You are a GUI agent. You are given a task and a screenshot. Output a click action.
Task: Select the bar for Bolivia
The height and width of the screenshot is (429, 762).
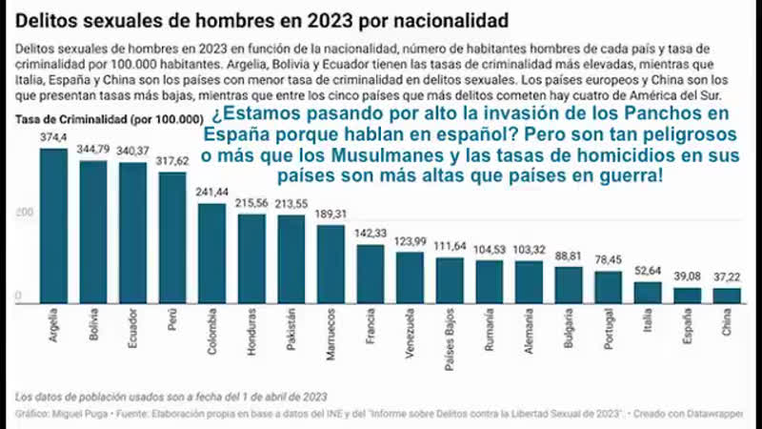pyautogui.click(x=92, y=233)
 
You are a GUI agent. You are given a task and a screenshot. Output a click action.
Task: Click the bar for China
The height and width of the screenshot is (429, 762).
pyautogui.click(x=727, y=296)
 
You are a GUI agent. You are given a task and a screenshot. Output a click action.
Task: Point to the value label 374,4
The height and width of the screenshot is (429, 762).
pyautogui.click(x=53, y=138)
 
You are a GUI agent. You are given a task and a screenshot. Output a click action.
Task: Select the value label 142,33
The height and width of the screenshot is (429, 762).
pyautogui.click(x=371, y=235)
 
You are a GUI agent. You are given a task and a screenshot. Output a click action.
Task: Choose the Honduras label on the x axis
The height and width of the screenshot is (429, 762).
pyautogui.click(x=251, y=329)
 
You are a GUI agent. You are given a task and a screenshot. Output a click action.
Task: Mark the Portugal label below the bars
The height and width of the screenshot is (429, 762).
pyautogui.click(x=609, y=328)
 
